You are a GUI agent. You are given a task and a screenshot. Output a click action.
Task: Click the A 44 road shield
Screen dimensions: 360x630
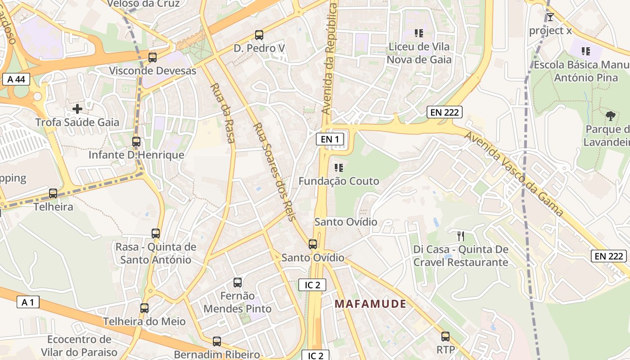click(16, 80)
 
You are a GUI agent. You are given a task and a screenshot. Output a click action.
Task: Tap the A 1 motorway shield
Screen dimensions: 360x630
click(27, 302)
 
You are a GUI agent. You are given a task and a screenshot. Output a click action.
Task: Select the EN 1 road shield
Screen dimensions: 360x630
click(330, 139)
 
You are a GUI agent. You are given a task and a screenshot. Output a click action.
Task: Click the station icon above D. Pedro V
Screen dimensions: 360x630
click(259, 35)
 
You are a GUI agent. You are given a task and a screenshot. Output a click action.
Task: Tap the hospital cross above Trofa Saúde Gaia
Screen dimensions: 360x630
click(77, 108)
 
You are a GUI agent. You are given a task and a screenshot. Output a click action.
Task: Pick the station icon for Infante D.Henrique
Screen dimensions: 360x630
click(136, 142)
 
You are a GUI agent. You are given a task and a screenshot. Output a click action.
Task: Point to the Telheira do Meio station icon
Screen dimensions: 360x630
click(144, 308)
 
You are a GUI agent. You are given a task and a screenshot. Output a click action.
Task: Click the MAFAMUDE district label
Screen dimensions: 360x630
click(370, 304)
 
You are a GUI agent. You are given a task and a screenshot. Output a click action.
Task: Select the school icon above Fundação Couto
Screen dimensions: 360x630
click(339, 168)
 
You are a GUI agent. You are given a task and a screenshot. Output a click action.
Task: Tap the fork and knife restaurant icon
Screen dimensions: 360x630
click(460, 236)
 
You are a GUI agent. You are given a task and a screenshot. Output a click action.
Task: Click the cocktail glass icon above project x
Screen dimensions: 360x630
click(550, 18)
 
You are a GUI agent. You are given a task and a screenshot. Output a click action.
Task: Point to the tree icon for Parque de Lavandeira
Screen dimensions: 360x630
click(611, 116)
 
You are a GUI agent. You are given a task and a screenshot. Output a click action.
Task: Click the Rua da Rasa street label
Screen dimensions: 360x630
click(223, 113)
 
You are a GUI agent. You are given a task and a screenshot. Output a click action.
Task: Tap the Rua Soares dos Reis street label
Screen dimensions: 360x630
click(274, 172)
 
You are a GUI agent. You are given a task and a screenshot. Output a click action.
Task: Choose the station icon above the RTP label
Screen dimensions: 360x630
click(445, 337)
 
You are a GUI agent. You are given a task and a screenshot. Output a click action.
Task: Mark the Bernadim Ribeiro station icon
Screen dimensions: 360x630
click(217, 342)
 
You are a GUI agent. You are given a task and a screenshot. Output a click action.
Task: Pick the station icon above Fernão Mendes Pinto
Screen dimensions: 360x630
click(238, 283)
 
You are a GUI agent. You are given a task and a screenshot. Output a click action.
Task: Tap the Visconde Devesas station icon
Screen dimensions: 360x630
click(153, 58)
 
